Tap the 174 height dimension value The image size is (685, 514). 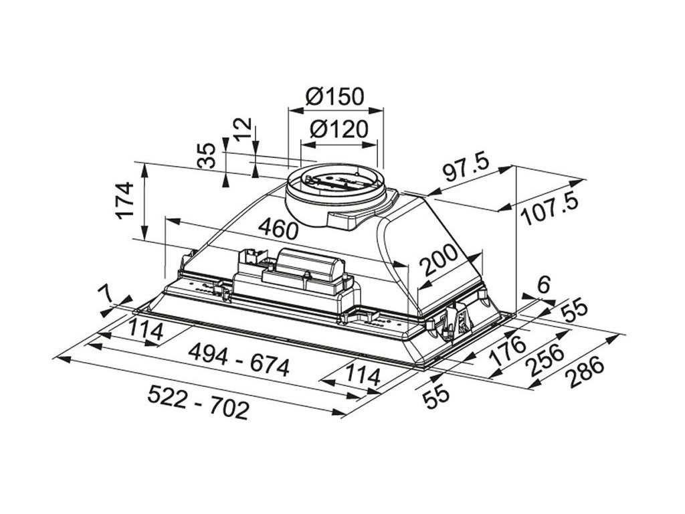[x=125, y=200]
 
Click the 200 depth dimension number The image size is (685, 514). [x=439, y=262]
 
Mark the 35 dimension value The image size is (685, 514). [x=209, y=156]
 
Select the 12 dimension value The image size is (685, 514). [x=243, y=127]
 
